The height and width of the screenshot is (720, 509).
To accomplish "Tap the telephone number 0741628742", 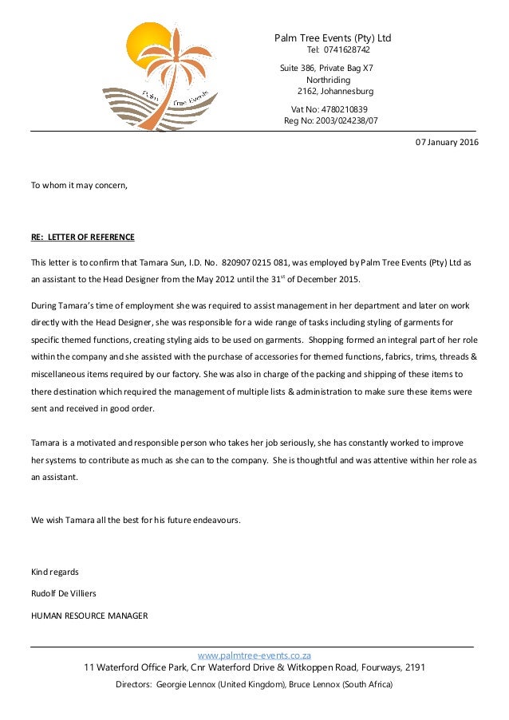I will pyautogui.click(x=344, y=50).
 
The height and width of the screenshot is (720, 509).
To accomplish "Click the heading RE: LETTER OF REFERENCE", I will pyautogui.click(x=83, y=238).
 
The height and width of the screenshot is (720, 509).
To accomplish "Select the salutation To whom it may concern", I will pyautogui.click(x=79, y=185).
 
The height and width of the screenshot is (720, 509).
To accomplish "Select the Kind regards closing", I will pyautogui.click(x=54, y=572).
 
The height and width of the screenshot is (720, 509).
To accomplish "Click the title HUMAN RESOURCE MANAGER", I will pyautogui.click(x=89, y=615).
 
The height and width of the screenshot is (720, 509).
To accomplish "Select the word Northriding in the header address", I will pyautogui.click(x=329, y=81).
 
